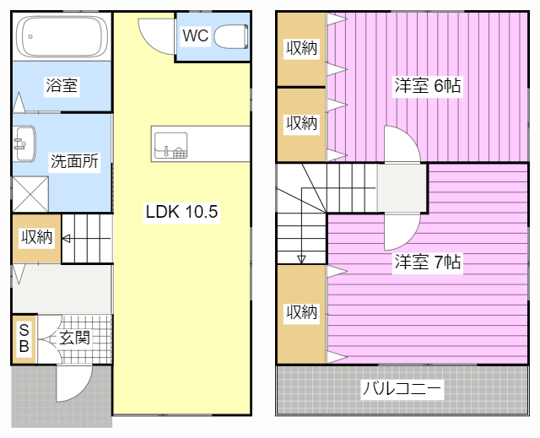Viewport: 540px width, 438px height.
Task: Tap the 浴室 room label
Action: [62, 85]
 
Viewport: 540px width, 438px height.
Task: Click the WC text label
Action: [195, 36]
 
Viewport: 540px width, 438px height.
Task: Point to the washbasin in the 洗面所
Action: [24, 145]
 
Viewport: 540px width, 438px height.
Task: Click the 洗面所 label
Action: [74, 160]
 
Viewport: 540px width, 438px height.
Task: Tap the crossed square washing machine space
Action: [30, 193]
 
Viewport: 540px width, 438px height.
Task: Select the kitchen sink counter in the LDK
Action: [201, 143]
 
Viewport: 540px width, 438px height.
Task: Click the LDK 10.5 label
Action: [181, 212]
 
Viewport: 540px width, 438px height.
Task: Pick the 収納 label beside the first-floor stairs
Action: [36, 238]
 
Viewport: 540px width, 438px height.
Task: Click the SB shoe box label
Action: [24, 338]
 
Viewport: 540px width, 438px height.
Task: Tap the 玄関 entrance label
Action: [74, 338]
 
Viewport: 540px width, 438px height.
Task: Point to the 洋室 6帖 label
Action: [427, 85]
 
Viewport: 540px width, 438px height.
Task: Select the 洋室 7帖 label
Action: [427, 262]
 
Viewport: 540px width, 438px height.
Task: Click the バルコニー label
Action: [402, 390]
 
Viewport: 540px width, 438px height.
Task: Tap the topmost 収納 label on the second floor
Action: [300, 48]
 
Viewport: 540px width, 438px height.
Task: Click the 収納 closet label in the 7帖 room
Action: [300, 313]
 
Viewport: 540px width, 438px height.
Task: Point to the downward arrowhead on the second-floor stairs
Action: [301, 258]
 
